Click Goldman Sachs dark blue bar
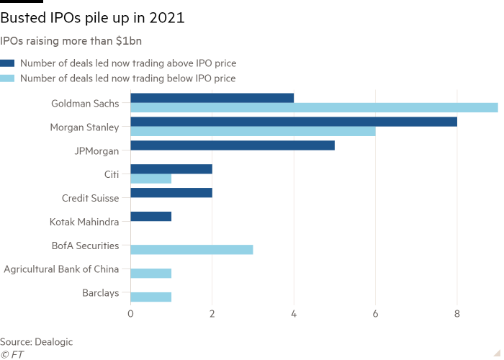(x=212, y=97)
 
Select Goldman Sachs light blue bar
(x=314, y=108)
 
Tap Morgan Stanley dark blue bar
(x=294, y=121)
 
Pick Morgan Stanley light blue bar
(x=253, y=132)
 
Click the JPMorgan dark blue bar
(x=233, y=145)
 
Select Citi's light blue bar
(x=151, y=179)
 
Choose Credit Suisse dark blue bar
(x=171, y=193)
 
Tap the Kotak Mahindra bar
(x=151, y=217)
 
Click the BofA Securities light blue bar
(x=192, y=250)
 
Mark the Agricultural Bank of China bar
(x=151, y=274)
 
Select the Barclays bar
(x=151, y=297)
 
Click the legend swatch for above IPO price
(x=7, y=63)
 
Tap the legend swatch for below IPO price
(x=7, y=78)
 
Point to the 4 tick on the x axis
(x=294, y=314)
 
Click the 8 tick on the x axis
(x=456, y=314)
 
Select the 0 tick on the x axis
(x=130, y=314)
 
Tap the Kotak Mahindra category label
(x=89, y=222)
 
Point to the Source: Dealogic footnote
(x=37, y=342)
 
